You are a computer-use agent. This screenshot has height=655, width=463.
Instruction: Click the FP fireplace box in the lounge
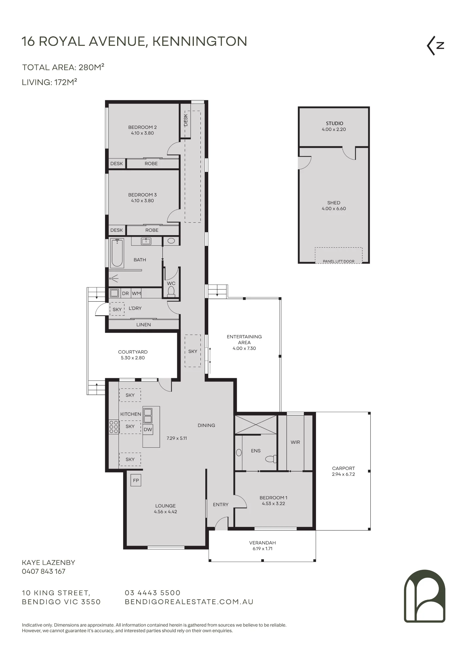136,480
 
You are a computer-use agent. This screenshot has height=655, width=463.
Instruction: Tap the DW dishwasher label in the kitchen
148,429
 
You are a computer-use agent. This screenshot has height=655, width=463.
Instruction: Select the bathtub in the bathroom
117,253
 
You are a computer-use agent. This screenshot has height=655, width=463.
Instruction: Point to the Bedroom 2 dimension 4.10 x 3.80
142,133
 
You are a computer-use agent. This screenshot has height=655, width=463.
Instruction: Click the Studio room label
334,123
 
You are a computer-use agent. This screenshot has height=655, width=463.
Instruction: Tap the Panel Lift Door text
339,261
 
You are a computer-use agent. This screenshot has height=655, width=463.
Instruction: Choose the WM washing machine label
136,293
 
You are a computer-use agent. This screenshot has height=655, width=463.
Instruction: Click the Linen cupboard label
144,325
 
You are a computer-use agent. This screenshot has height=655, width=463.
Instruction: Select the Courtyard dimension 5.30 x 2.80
133,358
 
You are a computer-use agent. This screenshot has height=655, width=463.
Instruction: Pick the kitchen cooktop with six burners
114,427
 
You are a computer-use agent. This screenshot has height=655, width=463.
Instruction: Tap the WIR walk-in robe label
295,442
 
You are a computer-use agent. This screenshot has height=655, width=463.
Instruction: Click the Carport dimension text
343,474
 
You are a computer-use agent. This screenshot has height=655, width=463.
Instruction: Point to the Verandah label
263,543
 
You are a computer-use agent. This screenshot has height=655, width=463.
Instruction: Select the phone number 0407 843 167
44,571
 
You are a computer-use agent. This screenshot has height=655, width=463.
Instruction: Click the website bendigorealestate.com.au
189,602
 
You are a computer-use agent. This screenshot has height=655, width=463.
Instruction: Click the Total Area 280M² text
63,67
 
